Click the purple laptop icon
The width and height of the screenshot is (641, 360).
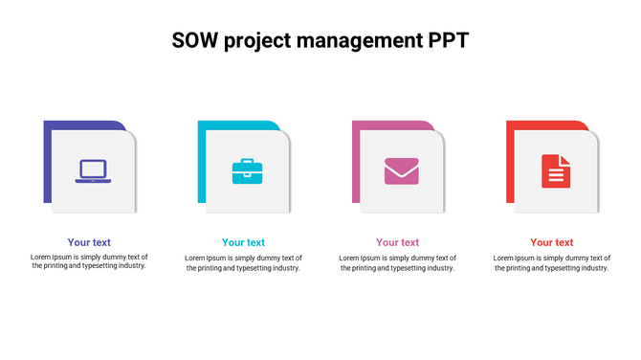click(x=94, y=171)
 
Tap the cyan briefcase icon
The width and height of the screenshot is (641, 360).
click(x=247, y=171)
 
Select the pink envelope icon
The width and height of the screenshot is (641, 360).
click(x=401, y=171)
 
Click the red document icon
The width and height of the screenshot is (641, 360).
click(x=556, y=171)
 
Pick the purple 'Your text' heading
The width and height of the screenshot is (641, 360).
click(x=89, y=242)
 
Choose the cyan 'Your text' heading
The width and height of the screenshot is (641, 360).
click(x=243, y=242)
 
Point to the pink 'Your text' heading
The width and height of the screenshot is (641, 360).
click(x=397, y=242)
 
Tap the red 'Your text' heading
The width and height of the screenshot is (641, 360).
click(x=552, y=242)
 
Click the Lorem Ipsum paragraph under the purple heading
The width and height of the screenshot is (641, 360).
click(x=89, y=261)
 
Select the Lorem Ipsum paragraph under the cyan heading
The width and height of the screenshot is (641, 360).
click(x=243, y=262)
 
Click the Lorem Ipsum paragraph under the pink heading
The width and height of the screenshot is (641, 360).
click(x=397, y=262)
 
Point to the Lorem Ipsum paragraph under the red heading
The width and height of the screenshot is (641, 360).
click(x=552, y=262)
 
